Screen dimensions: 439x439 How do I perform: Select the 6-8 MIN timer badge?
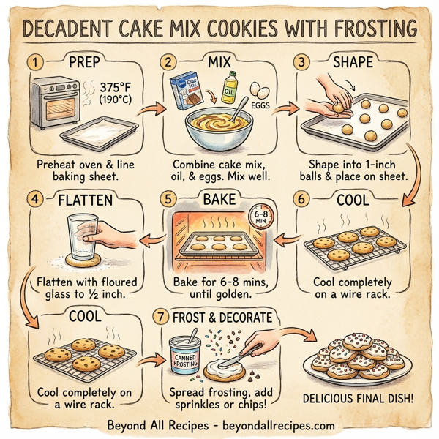point(258,215)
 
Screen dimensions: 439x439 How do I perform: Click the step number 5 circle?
point(169,198)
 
